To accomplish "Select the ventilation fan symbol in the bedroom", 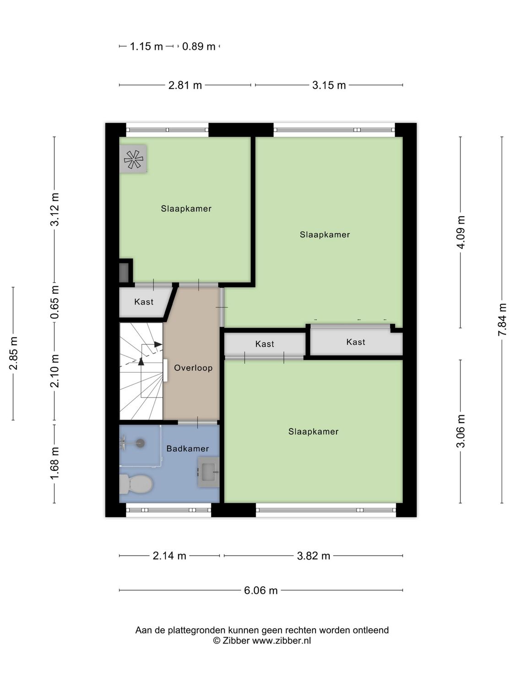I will (133, 159).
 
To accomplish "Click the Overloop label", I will (193, 368).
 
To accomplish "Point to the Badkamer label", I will (187, 449).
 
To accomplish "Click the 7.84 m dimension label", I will (502, 320).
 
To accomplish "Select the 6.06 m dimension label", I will (260, 590).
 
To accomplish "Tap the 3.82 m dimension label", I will (313, 556).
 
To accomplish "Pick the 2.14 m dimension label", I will (169, 556).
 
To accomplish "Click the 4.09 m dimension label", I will (461, 232).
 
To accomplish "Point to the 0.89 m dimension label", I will (199, 47).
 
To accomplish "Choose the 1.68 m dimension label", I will (55, 463).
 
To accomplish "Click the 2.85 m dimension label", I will (14, 353).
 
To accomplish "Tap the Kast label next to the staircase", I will (144, 302).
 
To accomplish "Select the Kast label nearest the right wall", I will (356, 342).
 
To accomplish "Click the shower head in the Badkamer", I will (140, 443).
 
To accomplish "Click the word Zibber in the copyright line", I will (236, 641).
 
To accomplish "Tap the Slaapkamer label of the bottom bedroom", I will (313, 432).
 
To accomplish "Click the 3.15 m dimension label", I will (329, 86).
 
